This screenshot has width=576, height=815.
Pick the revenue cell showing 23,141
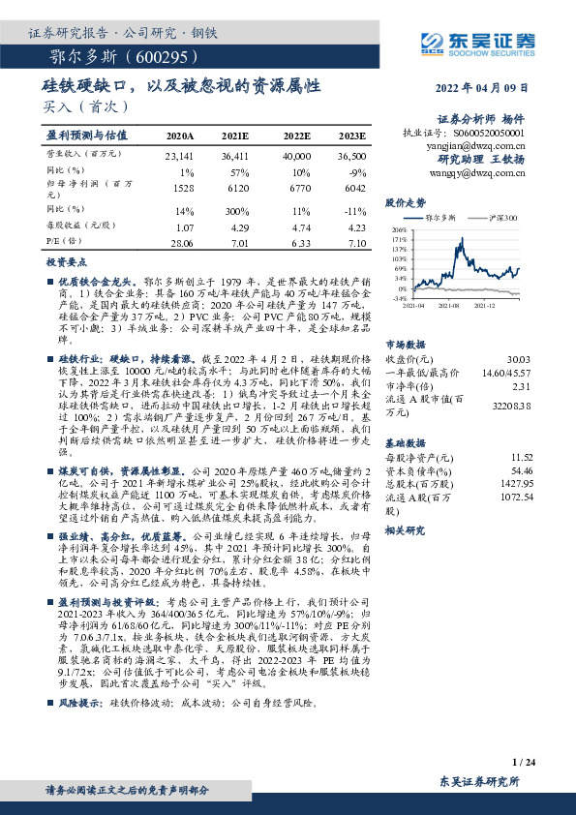181,156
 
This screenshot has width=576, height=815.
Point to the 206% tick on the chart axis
399,229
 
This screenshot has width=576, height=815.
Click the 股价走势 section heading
406,203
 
